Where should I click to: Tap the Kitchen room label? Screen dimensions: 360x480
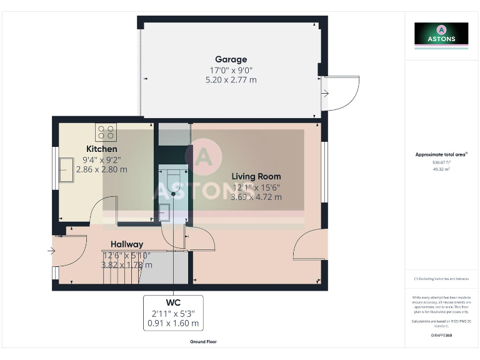(101, 149)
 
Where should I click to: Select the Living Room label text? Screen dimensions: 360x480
(256, 176)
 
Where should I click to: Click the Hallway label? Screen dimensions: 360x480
(127, 244)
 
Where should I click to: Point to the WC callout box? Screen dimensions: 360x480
(173, 312)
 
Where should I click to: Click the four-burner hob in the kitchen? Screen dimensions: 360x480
(106, 132)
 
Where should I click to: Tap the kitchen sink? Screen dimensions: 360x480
(66, 170)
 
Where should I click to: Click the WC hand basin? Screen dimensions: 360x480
(165, 212)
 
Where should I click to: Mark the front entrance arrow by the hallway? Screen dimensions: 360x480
(51, 252)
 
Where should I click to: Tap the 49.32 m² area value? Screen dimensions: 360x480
(441, 169)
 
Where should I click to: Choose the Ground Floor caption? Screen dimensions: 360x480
(204, 342)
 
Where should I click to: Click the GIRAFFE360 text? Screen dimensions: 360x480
(441, 336)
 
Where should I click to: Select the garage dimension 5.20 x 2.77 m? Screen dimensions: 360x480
(231, 80)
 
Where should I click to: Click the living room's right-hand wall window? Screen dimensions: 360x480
(324, 172)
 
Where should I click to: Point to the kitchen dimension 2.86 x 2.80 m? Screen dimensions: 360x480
(101, 169)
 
